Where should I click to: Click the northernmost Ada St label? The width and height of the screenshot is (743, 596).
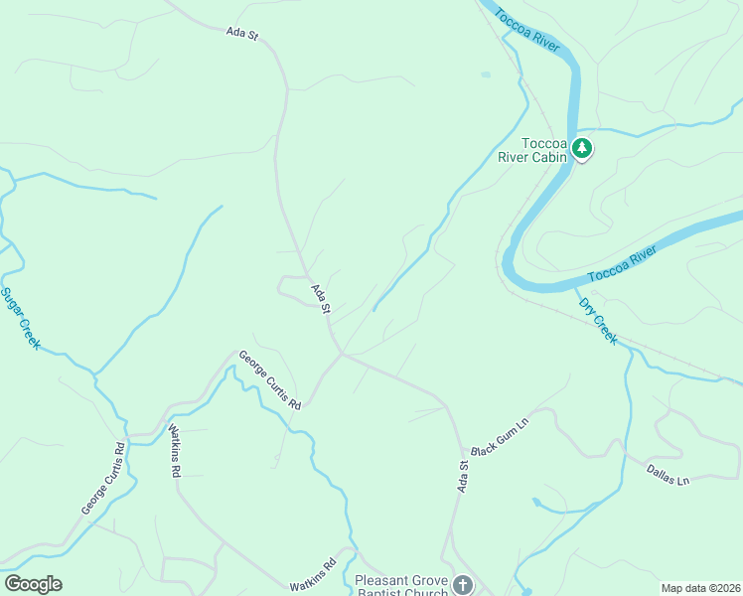coord(242,34)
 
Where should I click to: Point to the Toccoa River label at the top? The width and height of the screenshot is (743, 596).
coord(527,27)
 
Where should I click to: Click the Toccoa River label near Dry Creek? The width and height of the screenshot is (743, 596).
coord(623,266)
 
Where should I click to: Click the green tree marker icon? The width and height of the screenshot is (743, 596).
coord(582,150)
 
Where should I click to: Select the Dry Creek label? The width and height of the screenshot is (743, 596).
coord(598,321)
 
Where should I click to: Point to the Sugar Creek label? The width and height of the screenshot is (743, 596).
coord(20,318)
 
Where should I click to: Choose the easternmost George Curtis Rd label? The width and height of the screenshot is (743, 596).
coord(268,379)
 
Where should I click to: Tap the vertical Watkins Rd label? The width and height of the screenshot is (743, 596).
coord(174,452)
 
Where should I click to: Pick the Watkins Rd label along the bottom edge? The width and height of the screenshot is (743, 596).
coord(313,575)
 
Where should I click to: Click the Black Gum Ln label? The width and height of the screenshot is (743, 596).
coord(500,436)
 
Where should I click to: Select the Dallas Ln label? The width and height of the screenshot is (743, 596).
coord(668,475)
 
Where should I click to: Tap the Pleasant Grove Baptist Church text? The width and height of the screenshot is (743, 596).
coord(401,586)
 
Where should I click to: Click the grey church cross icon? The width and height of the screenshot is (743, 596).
coord(462,585)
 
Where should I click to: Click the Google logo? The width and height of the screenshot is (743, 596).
coord(33,584)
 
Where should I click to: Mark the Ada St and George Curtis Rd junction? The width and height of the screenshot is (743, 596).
coord(343,353)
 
